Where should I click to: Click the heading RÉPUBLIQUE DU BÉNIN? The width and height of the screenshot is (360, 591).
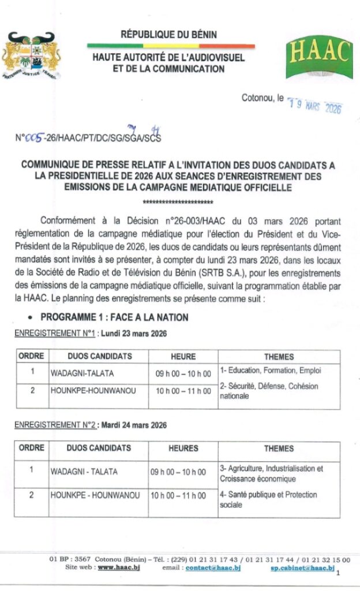point(169,35)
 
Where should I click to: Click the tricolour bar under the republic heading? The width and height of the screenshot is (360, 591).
point(171,46)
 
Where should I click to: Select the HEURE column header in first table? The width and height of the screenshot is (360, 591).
point(183,357)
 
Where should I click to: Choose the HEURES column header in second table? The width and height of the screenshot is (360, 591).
point(183,448)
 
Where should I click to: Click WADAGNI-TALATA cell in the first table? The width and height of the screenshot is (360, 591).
point(76,373)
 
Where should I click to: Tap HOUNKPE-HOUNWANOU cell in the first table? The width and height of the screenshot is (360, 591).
point(93,391)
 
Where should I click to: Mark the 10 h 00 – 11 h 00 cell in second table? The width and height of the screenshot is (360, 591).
point(178,495)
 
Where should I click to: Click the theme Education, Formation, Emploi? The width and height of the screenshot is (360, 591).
point(270,370)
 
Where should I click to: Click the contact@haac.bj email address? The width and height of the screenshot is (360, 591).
point(213,568)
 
